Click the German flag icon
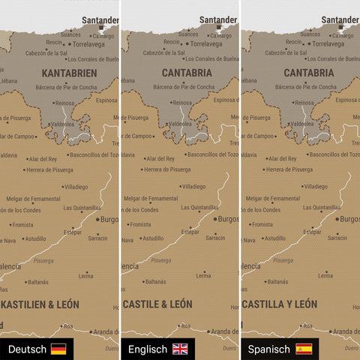tap(58, 349)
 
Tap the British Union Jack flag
tap(180, 349)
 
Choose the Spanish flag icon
tap(304, 349)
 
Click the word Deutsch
tap(26, 349)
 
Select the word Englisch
tap(148, 349)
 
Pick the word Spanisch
tap(268, 349)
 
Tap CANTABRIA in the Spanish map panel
tap(309, 73)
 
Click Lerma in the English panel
tap(202, 275)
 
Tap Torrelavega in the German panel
tap(88, 44)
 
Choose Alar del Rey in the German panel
tap(43, 159)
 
